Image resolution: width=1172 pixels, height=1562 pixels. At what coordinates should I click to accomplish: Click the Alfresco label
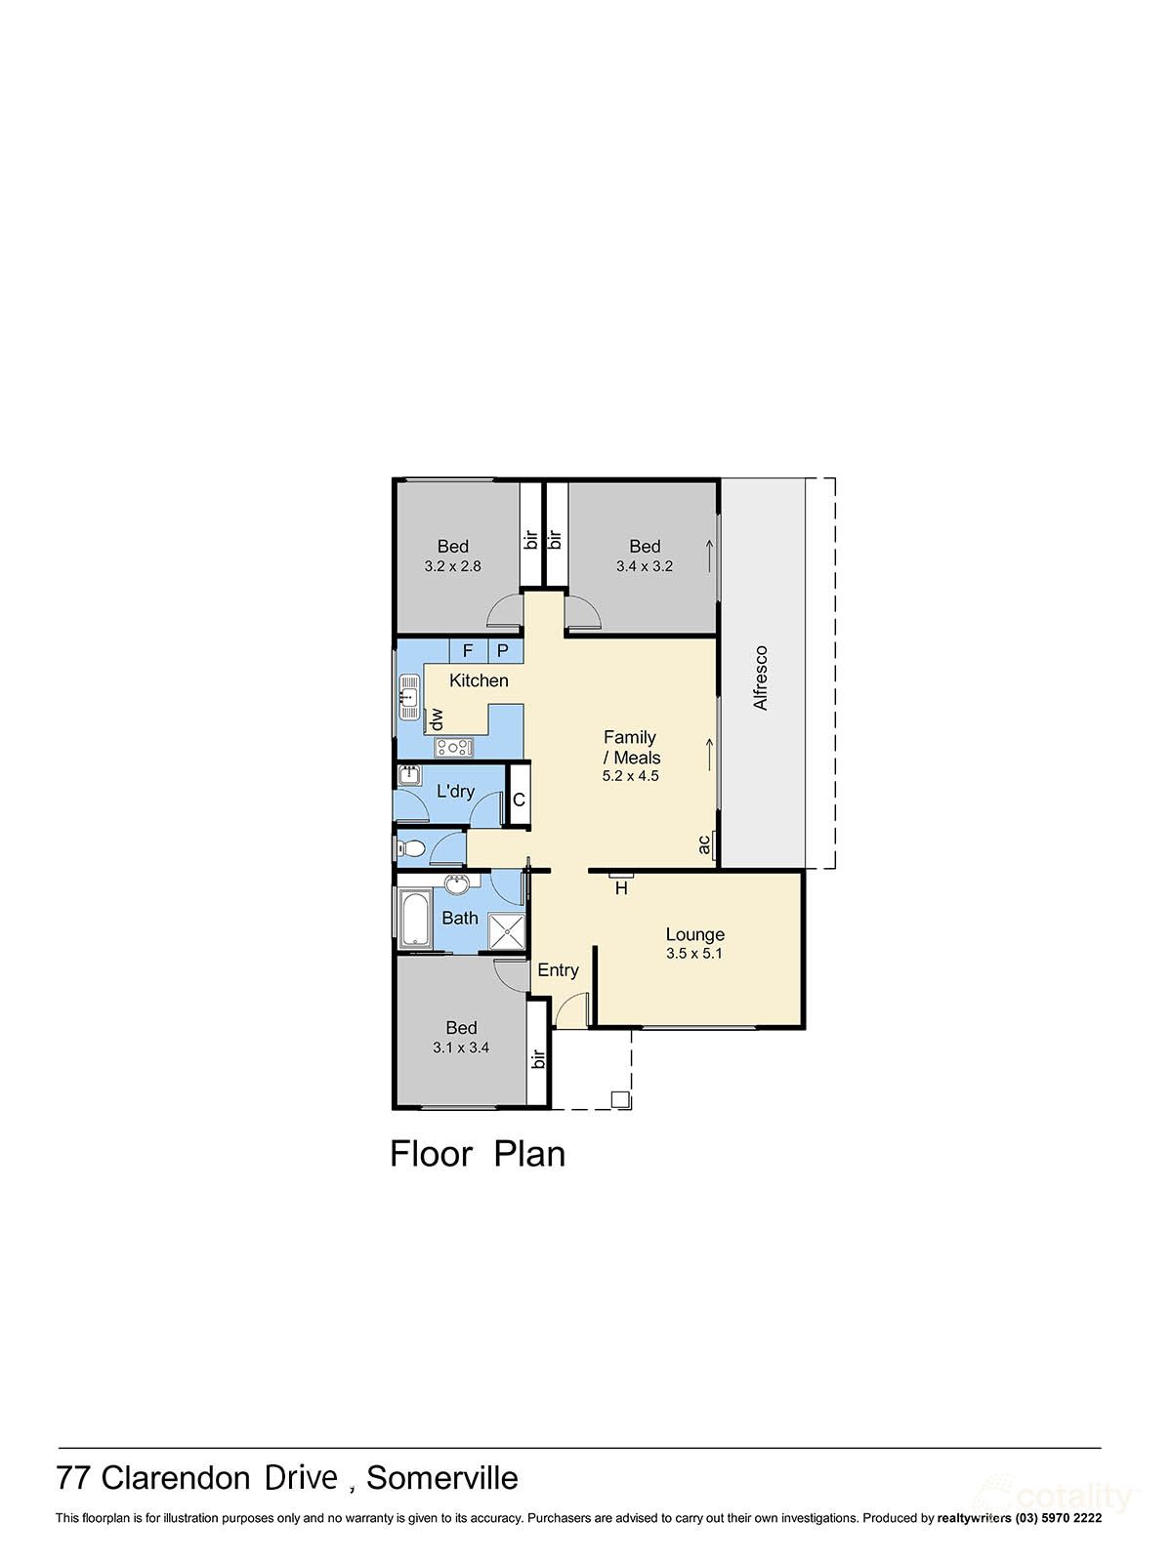tap(761, 678)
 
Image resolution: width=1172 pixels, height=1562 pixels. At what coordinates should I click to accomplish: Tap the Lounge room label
tap(694, 934)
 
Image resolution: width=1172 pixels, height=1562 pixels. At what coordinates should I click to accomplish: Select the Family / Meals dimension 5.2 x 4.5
tap(630, 777)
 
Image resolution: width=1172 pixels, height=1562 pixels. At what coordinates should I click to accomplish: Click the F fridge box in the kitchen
tap(468, 650)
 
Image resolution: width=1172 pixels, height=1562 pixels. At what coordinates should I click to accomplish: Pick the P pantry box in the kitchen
tap(503, 650)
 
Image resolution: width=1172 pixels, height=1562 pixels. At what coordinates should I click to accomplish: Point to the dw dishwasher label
tap(437, 719)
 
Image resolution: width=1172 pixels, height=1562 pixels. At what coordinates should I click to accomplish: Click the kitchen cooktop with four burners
tap(454, 748)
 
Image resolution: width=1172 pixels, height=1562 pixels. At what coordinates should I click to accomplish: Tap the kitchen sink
tap(408, 698)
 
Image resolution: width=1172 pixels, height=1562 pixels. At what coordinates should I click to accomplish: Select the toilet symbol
tap(412, 849)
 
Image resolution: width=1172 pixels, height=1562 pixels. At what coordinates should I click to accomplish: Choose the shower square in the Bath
tap(506, 931)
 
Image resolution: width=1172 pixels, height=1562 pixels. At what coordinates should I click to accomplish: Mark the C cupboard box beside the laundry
tap(519, 800)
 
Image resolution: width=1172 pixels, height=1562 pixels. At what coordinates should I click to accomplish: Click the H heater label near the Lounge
tap(621, 888)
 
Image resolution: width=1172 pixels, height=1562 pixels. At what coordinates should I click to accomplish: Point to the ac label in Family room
tap(705, 844)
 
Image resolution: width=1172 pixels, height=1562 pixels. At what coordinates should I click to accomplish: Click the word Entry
tap(558, 969)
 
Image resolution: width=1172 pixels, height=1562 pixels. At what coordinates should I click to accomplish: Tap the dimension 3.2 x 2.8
tap(452, 566)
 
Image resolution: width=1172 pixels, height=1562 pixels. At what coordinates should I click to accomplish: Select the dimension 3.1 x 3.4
tap(461, 1048)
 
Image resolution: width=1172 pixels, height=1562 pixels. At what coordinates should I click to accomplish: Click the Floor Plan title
tap(478, 1154)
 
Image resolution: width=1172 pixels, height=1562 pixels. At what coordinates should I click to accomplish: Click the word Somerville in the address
tap(442, 1478)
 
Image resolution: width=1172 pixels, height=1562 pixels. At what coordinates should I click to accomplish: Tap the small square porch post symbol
tap(619, 1099)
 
